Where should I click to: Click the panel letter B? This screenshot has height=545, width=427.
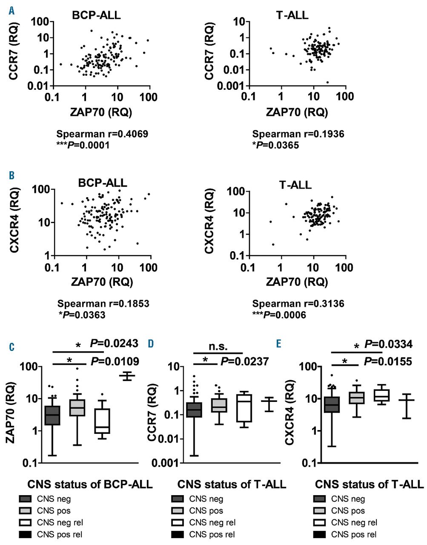click(12, 175)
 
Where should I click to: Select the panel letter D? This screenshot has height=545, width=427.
click(151, 343)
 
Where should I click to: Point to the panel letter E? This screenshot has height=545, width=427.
click(278, 343)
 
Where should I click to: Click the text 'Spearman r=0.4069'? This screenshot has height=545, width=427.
click(103, 134)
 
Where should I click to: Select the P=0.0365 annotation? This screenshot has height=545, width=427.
click(275, 145)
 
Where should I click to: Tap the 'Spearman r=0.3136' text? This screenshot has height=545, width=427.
click(298, 304)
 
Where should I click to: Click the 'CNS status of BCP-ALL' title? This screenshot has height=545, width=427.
click(90, 484)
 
